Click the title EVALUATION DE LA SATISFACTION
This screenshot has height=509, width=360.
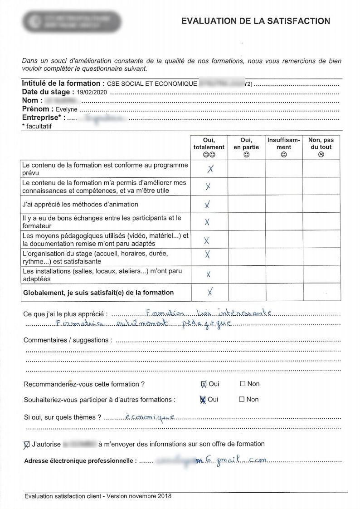click(x=255, y=21)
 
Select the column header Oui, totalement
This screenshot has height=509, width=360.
click(x=209, y=147)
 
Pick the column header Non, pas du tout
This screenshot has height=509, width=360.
click(x=321, y=147)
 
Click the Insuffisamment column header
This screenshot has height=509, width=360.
click(x=284, y=144)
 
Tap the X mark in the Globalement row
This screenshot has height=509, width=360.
click(x=209, y=291)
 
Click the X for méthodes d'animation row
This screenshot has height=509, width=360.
click(x=207, y=205)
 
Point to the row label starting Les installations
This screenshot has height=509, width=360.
click(x=102, y=275)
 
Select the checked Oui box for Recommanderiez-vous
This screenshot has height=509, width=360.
click(x=204, y=384)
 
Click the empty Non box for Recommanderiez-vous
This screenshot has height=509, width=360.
click(x=243, y=384)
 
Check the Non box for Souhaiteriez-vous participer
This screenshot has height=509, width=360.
click(x=242, y=399)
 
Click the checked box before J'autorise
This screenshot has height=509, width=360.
click(x=26, y=445)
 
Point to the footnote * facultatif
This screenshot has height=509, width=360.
click(x=37, y=127)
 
